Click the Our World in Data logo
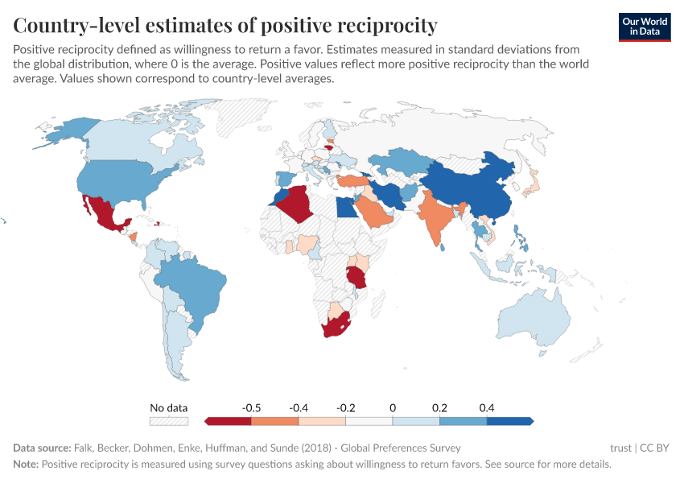click(x=645, y=27)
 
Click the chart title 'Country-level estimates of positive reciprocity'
click(x=225, y=25)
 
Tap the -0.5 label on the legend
click(x=251, y=408)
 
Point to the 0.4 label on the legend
click(x=486, y=408)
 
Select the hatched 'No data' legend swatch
click(x=168, y=421)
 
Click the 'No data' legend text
click(x=168, y=408)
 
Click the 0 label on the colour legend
click(x=393, y=408)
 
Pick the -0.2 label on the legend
click(x=345, y=408)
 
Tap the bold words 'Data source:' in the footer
click(x=41, y=448)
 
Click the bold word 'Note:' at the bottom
click(x=26, y=464)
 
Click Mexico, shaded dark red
click(x=105, y=214)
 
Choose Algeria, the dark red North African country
click(x=302, y=201)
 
